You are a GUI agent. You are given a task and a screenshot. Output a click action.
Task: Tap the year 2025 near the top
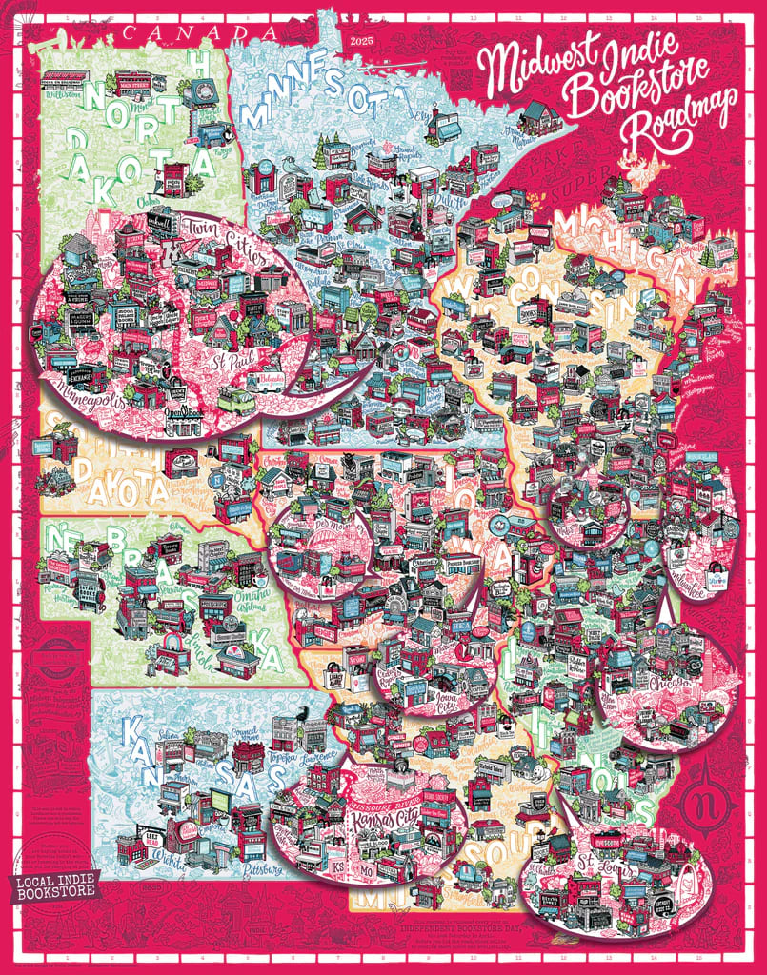click(x=363, y=42)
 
